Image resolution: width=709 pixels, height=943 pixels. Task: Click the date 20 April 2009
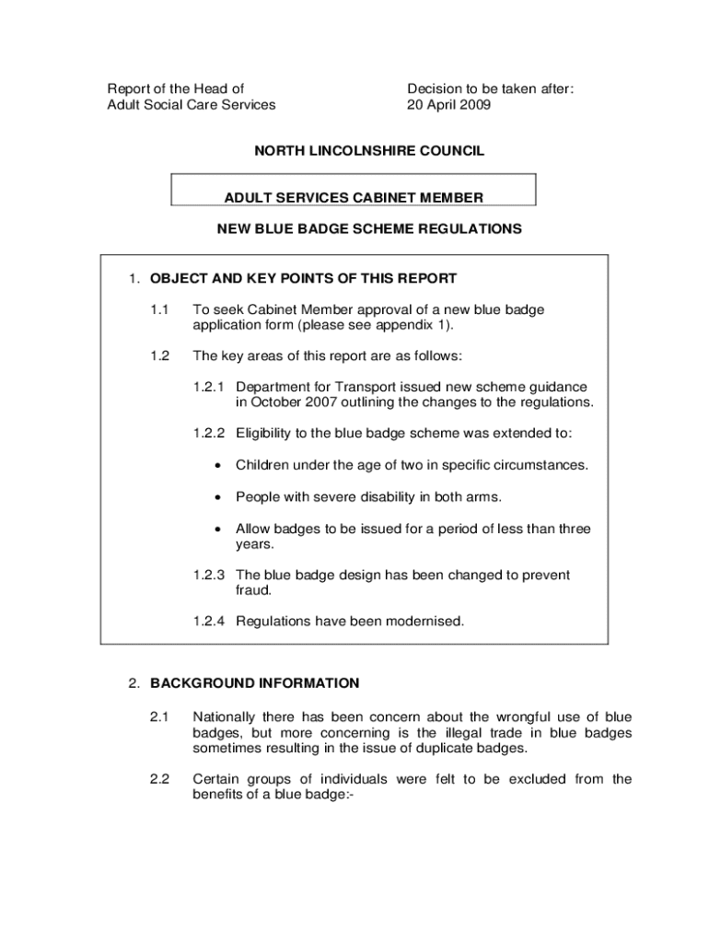coord(449,105)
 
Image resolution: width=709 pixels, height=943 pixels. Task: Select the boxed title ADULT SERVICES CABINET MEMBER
coord(354,197)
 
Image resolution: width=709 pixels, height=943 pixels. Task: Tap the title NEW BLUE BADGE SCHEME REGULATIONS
coord(369,228)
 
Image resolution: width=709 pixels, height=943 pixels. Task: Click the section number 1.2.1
coord(211,388)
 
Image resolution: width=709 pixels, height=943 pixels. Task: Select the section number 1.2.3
coord(211,575)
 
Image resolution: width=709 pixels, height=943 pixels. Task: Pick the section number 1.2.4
coord(211,622)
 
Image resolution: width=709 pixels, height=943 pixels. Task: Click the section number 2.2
coord(159,779)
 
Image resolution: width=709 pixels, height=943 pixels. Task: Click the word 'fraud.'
coord(253,590)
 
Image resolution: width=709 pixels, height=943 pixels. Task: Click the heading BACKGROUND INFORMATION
coord(255,683)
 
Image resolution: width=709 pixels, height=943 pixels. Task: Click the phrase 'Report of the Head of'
coord(176,89)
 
